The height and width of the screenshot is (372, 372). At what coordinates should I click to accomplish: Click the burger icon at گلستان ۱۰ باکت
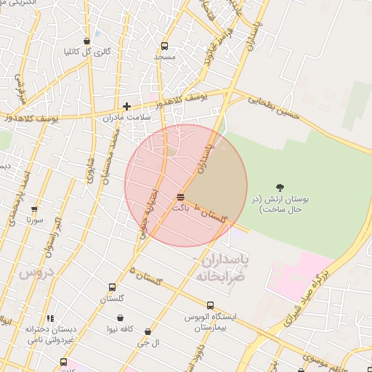pyautogui.click(x=180, y=196)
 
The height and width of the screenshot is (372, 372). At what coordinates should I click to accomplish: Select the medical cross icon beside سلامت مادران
pyautogui.click(x=127, y=106)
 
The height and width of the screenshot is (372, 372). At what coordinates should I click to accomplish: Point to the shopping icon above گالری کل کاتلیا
pyautogui.click(x=87, y=41)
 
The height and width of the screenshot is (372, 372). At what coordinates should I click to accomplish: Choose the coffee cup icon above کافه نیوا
pyautogui.click(x=119, y=318)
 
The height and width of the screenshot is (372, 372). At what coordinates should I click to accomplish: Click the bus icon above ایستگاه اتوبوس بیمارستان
pyautogui.click(x=210, y=306)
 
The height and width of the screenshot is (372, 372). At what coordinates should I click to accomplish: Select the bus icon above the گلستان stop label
pyautogui.click(x=111, y=288)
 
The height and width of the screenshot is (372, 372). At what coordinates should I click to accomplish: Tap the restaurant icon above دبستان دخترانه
pyautogui.click(x=49, y=318)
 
